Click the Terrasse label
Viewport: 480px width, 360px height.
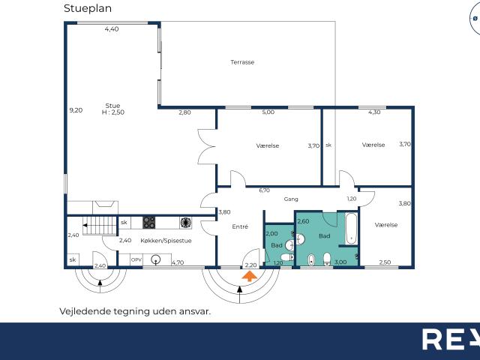[x=242, y=62]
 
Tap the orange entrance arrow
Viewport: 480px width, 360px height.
[x=250, y=276]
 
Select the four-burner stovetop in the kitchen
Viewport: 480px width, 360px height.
[x=148, y=223]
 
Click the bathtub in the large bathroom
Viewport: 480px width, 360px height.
[x=351, y=228]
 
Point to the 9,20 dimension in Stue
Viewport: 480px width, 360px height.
[x=76, y=110]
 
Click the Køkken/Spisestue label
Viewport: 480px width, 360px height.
[x=166, y=241]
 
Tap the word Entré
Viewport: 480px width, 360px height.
[x=240, y=226]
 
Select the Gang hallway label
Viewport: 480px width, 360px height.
[x=291, y=199]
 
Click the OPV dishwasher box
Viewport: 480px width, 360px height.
[x=136, y=259]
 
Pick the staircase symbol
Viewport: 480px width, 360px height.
[x=100, y=225]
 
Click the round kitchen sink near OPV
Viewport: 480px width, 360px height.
[x=156, y=260]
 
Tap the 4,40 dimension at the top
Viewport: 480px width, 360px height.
[x=112, y=29]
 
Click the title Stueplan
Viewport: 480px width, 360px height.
[x=88, y=8]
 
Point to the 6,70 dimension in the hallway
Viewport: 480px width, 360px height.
[x=264, y=190]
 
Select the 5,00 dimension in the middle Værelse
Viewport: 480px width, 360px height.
[x=268, y=112]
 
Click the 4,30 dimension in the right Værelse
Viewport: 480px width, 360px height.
[x=374, y=112]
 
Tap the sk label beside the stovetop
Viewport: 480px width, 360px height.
[x=124, y=223]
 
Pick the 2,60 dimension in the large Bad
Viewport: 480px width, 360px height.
[x=303, y=221]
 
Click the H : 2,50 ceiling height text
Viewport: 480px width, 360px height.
[x=113, y=112]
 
